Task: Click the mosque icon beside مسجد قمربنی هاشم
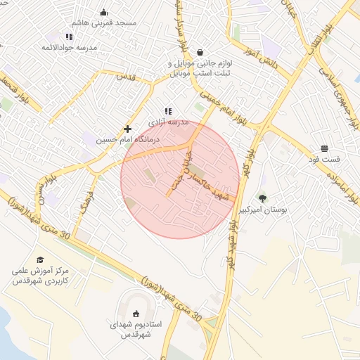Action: pyautogui.click(x=104, y=12)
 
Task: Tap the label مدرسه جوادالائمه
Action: pyautogui.click(x=69, y=47)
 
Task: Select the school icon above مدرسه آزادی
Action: pyautogui.click(x=167, y=111)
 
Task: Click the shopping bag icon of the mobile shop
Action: pyautogui.click(x=200, y=51)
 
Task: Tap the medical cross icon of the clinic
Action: pyautogui.click(x=127, y=129)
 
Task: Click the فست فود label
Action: pyautogui.click(x=324, y=160)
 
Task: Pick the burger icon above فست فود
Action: pyautogui.click(x=324, y=148)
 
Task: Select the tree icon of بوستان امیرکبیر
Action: pyautogui.click(x=263, y=198)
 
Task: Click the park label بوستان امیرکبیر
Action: pyautogui.click(x=263, y=210)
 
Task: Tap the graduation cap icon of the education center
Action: pyautogui.click(x=39, y=260)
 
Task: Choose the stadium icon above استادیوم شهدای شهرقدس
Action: pyautogui.click(x=136, y=314)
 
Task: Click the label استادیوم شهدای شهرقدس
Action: pyautogui.click(x=136, y=330)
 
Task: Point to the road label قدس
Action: pyautogui.click(x=124, y=76)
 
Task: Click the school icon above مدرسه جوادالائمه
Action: pyautogui.click(x=69, y=37)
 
